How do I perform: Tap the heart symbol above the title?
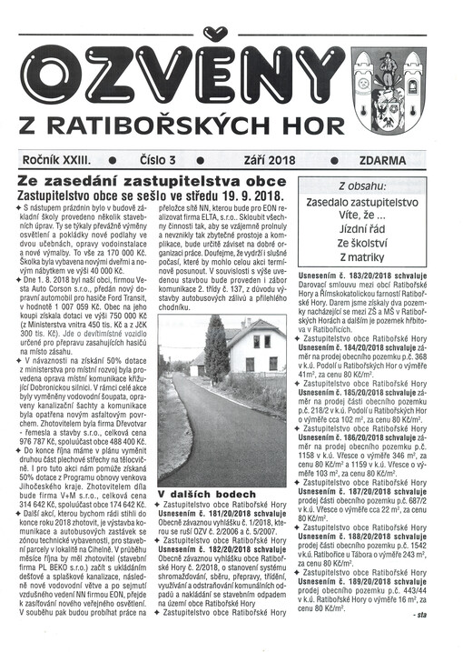tap(212, 34)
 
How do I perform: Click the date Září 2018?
tap(269, 160)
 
